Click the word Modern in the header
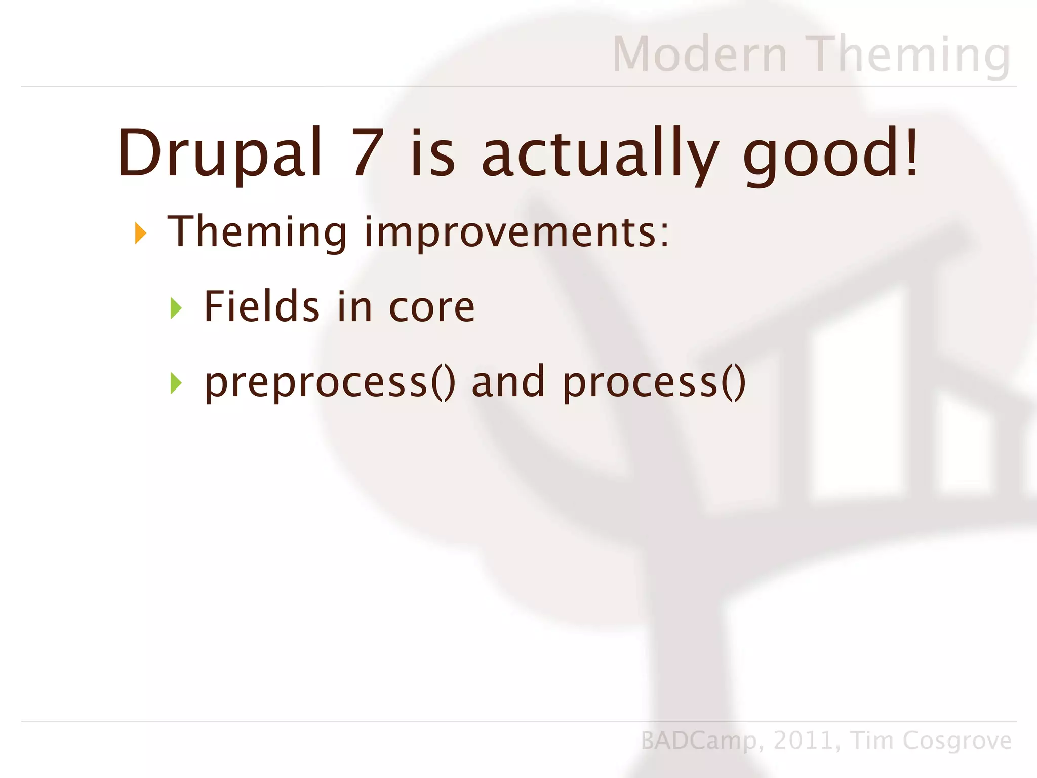(x=700, y=54)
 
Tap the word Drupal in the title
(x=220, y=153)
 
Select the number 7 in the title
(x=368, y=153)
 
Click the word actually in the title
(x=600, y=153)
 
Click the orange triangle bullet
(x=140, y=234)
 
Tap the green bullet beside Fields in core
(x=176, y=308)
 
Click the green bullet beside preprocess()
(x=176, y=383)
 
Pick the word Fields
(x=261, y=306)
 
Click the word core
(x=431, y=307)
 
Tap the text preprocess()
(x=330, y=383)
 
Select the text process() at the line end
(x=654, y=383)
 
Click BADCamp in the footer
(x=699, y=741)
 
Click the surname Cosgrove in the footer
(x=956, y=741)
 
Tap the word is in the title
(x=433, y=153)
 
